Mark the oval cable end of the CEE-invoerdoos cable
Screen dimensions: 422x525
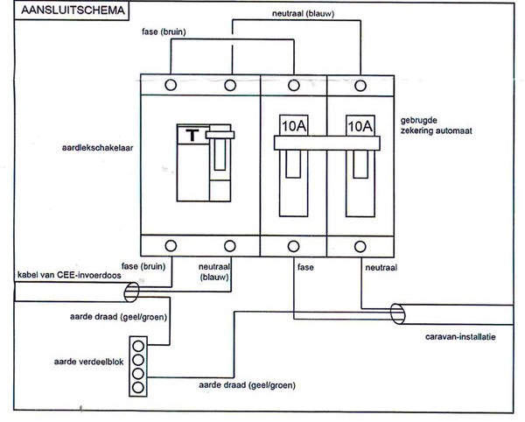pos(130,289)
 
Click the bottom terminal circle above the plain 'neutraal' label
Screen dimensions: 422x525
pos(360,245)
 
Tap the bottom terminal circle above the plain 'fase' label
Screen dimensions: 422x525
pos(294,245)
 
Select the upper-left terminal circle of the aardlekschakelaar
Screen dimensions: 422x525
pos(171,84)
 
